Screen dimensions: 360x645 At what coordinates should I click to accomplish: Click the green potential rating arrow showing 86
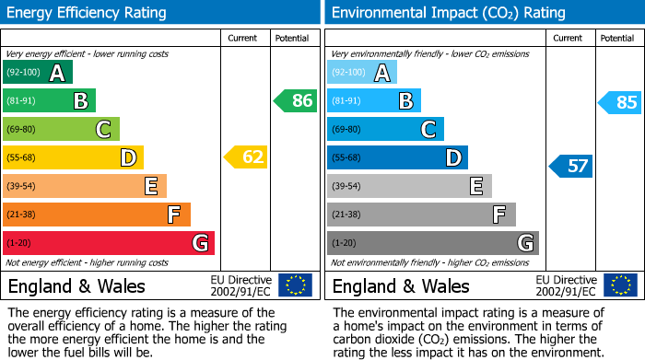point(296,101)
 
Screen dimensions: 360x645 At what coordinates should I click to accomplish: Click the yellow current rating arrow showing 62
point(246,157)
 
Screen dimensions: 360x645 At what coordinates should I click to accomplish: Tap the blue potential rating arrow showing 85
point(620,102)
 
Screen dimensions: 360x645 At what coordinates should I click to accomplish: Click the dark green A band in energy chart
point(37,73)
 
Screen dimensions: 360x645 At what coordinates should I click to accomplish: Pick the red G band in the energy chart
point(108,243)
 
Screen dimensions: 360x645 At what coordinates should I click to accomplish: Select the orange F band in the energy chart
point(96,215)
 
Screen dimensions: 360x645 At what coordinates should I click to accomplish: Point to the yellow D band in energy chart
point(73,157)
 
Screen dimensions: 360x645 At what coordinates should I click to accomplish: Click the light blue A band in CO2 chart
point(362,73)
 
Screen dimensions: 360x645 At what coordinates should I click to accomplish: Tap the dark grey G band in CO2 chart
point(432,243)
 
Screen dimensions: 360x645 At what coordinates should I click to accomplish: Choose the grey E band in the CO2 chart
point(409,186)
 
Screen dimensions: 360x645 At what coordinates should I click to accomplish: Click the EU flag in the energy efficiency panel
point(295,285)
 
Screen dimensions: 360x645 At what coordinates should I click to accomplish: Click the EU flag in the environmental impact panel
point(619,285)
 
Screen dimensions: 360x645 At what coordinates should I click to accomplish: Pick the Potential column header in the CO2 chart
point(616,38)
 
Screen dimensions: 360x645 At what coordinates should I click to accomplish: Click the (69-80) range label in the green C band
point(23,130)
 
